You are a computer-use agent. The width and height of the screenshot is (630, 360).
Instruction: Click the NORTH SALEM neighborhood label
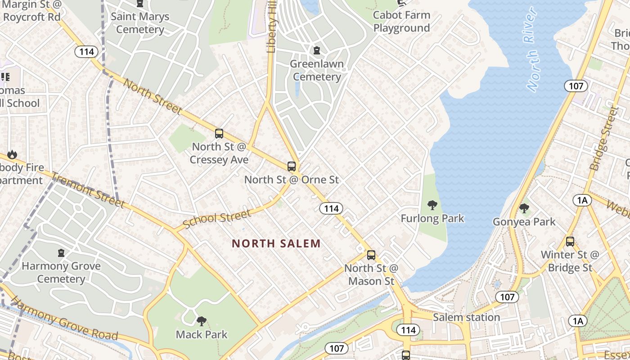click(x=276, y=243)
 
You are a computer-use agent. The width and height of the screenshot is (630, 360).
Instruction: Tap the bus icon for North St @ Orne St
click(x=292, y=166)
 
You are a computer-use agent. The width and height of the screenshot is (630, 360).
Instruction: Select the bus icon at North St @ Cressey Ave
click(x=219, y=133)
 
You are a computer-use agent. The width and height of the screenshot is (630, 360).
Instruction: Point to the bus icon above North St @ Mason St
click(x=371, y=255)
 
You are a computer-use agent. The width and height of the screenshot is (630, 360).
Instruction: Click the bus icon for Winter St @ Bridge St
click(x=570, y=241)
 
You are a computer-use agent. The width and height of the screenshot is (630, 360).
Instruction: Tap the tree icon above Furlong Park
click(x=432, y=205)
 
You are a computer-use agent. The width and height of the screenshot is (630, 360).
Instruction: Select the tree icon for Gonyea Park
click(x=524, y=208)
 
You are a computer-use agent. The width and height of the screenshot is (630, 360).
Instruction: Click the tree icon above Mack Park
click(x=202, y=321)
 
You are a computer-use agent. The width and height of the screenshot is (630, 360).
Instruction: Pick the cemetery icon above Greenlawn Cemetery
click(x=317, y=50)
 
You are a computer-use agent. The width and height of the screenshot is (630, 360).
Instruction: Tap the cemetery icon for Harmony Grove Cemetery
click(x=61, y=253)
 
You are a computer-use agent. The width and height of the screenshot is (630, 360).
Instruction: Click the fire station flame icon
click(x=12, y=155)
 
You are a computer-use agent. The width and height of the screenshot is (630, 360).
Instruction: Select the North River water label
click(x=532, y=49)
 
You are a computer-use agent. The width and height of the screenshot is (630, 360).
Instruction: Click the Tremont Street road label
click(x=87, y=190)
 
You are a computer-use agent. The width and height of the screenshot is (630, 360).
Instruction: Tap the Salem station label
click(x=466, y=317)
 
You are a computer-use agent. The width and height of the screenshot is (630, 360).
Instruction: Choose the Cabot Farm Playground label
click(x=401, y=21)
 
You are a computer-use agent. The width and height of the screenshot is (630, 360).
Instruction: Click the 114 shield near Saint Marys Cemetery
click(x=86, y=52)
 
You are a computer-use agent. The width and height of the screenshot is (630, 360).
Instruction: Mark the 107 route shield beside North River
click(x=576, y=86)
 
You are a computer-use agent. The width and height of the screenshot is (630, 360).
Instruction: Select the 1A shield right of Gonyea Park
click(x=582, y=200)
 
